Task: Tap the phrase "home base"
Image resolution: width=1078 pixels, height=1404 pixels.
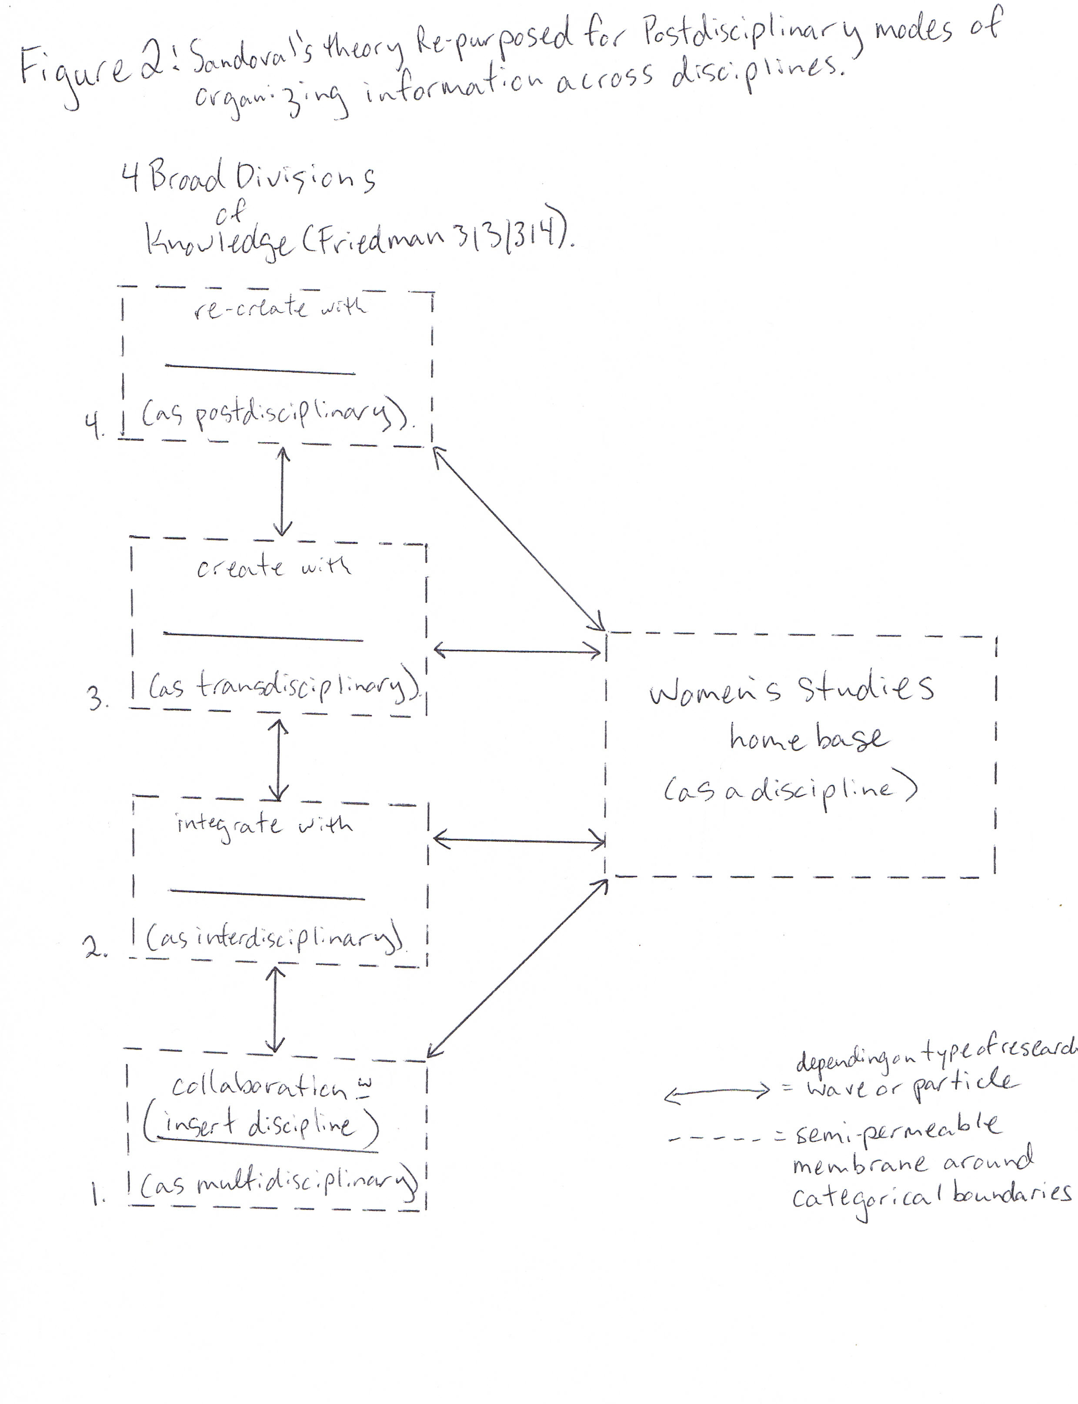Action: (808, 739)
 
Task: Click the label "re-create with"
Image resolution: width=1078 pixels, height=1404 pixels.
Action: (280, 308)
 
